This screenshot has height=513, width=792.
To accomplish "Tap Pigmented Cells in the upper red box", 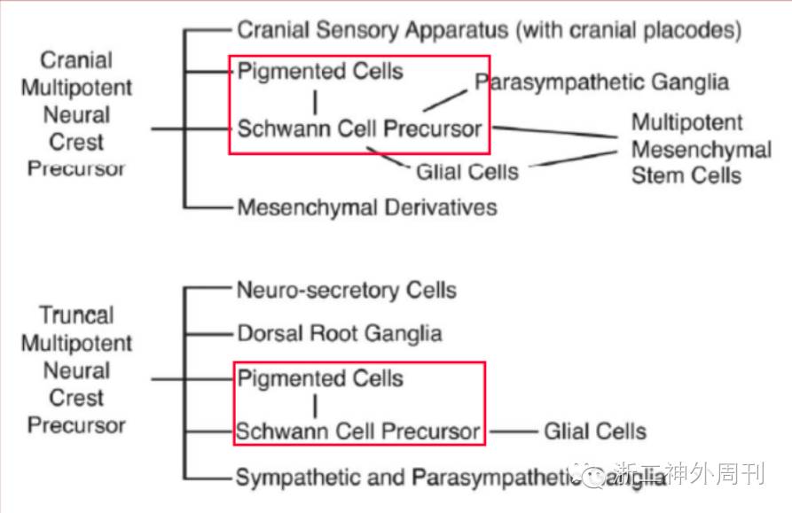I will pos(320,72).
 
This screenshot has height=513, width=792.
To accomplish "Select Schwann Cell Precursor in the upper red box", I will pos(359,129).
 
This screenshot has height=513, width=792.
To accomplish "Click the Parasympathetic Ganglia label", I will pos(601,82).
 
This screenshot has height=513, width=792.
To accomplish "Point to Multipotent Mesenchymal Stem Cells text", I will pos(701,148).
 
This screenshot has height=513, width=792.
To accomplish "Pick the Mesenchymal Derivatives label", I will pos(367,208).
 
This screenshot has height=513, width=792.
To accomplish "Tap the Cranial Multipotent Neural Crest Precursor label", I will pos(77,114).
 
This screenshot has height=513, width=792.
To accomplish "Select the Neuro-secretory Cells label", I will pos(347,290).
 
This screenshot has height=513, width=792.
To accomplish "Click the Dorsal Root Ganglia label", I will pos(340,334).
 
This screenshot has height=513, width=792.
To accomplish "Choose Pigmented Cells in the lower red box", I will pos(320,379).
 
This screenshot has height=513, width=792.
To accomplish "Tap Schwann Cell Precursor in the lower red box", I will pos(358,432).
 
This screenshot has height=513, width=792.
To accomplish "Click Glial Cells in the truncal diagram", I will pos(595,432).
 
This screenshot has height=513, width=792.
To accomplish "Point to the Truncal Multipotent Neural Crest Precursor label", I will pos(77,370).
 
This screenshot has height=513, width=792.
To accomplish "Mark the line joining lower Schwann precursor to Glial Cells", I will pos(513,432).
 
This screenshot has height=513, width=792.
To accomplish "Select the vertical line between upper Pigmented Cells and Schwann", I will pos(315,99).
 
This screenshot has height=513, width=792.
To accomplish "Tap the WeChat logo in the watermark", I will pos(591,474).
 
